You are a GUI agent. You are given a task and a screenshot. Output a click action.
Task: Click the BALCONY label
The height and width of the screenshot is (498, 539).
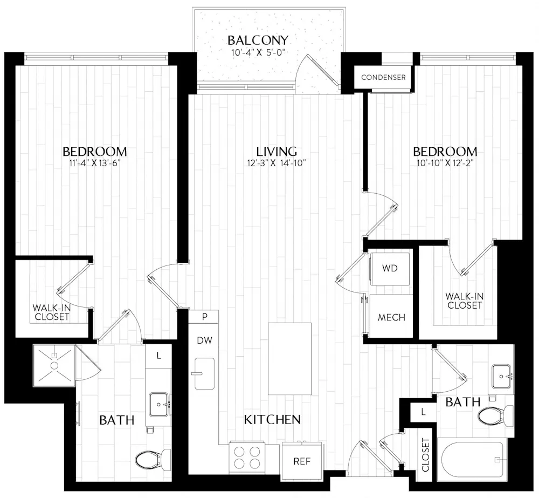point(257,40)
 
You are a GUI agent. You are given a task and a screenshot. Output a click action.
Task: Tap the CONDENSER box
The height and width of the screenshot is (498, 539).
point(383,77)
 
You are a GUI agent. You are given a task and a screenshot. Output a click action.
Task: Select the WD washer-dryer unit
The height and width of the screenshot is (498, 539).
point(390,268)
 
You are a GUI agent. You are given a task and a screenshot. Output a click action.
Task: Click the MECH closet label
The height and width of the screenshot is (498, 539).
point(391,317)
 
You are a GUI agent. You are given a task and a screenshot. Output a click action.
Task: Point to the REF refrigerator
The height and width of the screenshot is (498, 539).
point(301,461)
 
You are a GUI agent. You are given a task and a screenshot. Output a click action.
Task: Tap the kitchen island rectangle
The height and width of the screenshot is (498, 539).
point(290,358)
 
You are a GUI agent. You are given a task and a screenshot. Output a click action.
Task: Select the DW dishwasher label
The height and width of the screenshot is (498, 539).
point(203,340)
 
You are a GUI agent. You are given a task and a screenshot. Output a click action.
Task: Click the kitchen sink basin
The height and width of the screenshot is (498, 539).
point(204,373)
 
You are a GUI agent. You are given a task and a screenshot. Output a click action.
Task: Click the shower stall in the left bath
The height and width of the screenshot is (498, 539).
point(54,365)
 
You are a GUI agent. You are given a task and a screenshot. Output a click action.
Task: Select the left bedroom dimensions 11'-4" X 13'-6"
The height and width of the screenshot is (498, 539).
point(95,164)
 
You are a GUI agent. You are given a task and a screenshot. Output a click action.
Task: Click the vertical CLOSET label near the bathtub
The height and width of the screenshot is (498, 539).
point(425,454)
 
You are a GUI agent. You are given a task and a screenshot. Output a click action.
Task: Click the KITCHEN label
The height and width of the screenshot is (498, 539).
point(272,419)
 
